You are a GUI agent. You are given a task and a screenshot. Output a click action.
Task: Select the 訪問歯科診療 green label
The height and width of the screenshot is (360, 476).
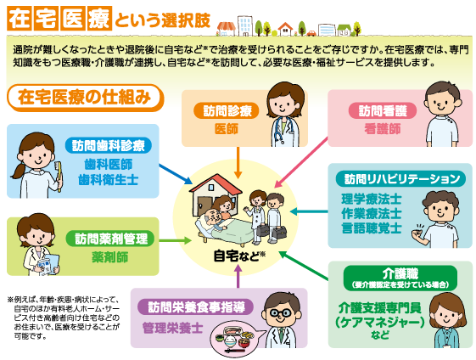pos(108,144)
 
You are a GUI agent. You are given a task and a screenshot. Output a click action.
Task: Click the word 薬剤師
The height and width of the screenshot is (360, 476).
pos(109,256)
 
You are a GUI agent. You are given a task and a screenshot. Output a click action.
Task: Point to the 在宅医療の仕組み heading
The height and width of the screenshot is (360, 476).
pos(84,96)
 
